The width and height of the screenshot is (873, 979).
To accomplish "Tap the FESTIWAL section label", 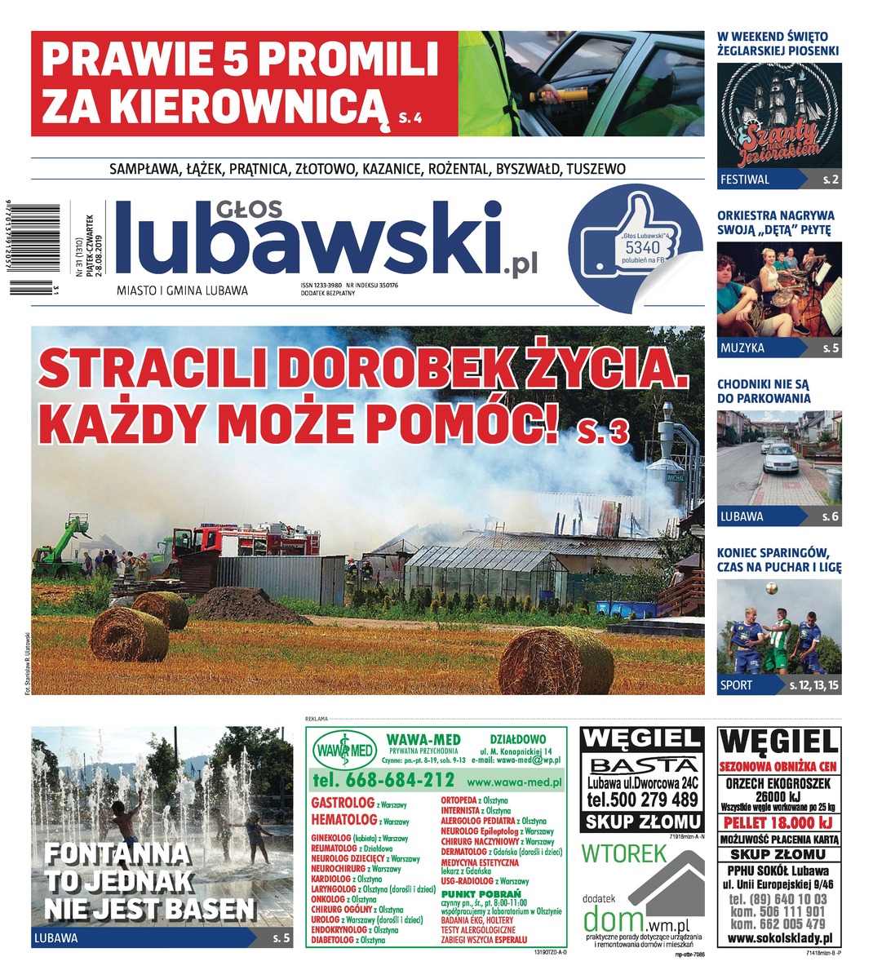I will (744, 179).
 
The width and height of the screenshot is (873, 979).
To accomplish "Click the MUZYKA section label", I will (742, 348).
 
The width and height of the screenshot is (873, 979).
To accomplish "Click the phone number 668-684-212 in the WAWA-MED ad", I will (383, 779).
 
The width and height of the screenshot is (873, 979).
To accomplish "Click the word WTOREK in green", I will (625, 853).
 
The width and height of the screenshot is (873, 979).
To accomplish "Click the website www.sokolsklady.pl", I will (778, 940).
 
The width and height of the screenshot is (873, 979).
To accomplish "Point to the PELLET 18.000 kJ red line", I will (778, 822).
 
